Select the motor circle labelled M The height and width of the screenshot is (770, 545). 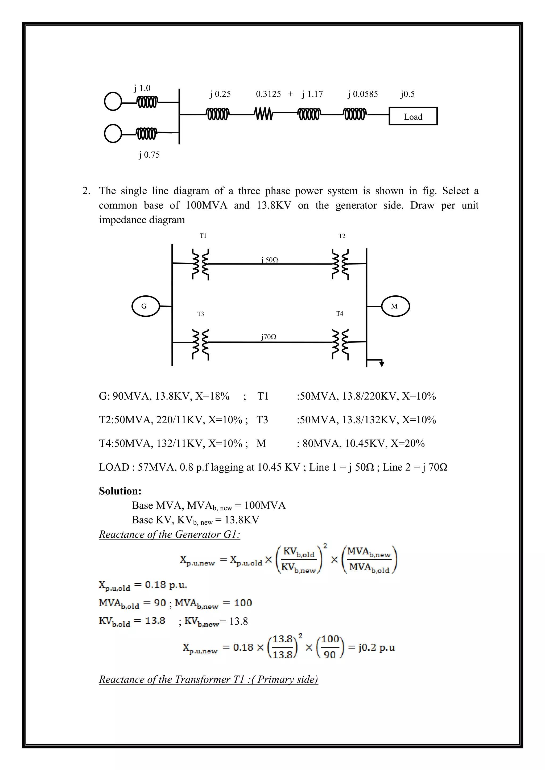click(x=395, y=306)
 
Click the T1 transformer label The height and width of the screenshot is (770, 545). click(x=203, y=236)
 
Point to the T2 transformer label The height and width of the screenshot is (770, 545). click(x=342, y=236)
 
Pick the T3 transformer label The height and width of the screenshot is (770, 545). click(x=200, y=314)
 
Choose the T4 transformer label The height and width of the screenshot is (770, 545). click(x=340, y=313)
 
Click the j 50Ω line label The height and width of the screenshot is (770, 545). click(x=270, y=260)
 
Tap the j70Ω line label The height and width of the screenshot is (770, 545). click(x=269, y=337)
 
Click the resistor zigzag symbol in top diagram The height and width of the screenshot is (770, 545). click(x=263, y=114)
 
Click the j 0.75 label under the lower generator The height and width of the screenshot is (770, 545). click(x=149, y=155)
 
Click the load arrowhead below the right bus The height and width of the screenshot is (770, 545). click(x=382, y=364)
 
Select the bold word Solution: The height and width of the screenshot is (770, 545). click(x=120, y=491)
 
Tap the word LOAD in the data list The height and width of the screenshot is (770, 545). click(x=114, y=467)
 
